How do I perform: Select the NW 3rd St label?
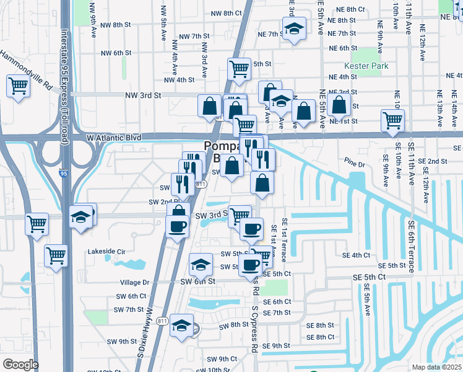tap(142, 95)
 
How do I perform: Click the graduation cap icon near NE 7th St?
tap(294, 28)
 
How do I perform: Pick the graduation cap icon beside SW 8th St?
tap(181, 324)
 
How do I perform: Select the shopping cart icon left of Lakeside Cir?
tap(56, 255)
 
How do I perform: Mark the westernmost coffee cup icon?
tap(178, 224)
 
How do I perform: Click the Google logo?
tap(20, 365)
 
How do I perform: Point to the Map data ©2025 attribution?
tap(436, 367)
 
